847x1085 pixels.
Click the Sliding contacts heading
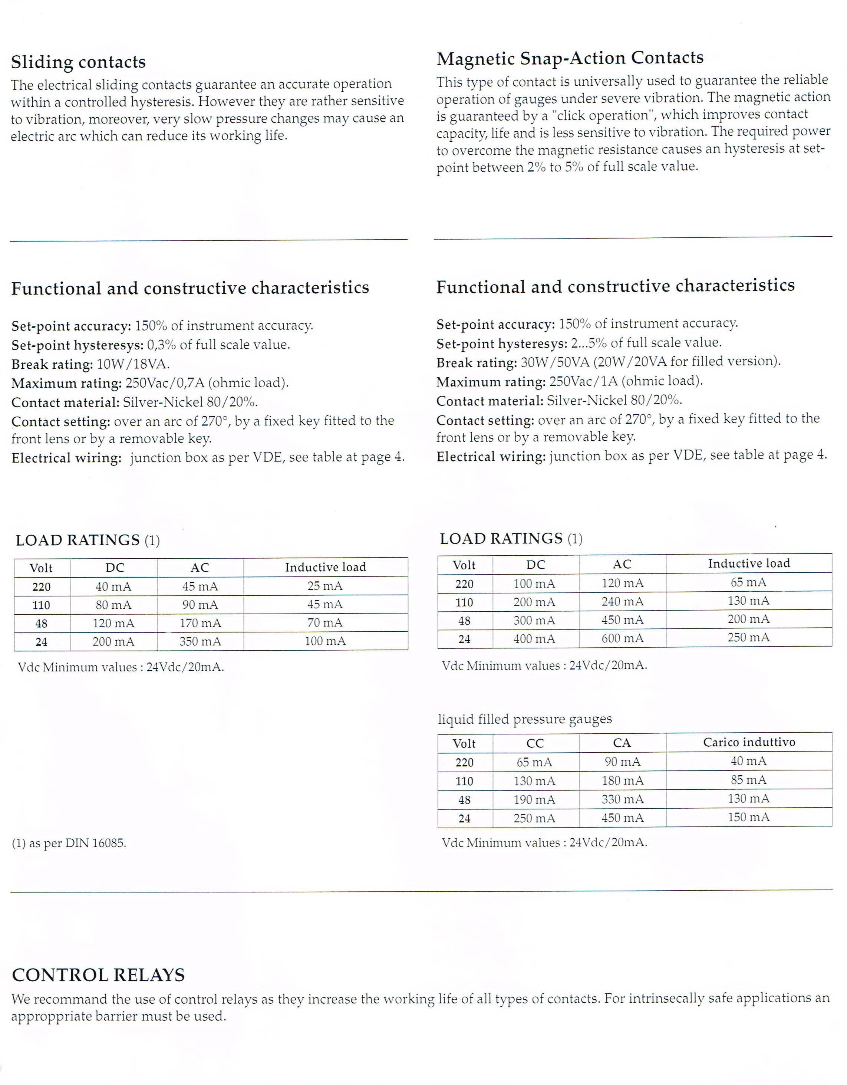(x=79, y=62)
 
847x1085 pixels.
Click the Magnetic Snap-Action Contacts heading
(x=570, y=58)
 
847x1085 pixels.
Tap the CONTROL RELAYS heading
(x=98, y=975)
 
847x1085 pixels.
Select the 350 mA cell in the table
(x=200, y=641)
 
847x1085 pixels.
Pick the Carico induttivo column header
(x=749, y=742)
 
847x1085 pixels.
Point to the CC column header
(x=535, y=743)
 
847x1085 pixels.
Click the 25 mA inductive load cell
(x=325, y=586)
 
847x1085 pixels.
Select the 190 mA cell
(x=534, y=799)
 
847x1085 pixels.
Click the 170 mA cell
(x=200, y=623)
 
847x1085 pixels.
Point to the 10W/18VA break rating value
(x=133, y=364)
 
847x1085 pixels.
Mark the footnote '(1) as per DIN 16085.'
(x=69, y=843)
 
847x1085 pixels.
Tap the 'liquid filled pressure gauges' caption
(x=525, y=719)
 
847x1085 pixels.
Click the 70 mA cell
(x=325, y=623)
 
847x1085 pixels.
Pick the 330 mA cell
(x=622, y=799)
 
